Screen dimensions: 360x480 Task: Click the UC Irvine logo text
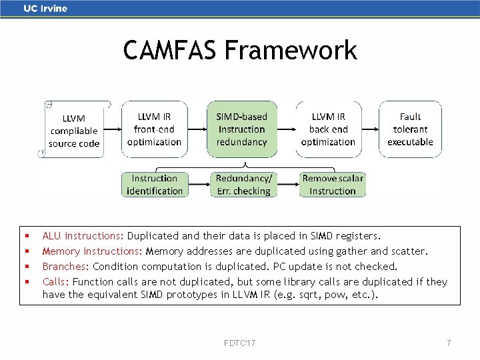(45, 9)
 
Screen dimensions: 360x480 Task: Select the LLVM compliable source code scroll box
(74, 130)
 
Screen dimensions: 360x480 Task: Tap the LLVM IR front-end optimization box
(154, 129)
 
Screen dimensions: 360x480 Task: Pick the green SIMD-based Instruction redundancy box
(241, 129)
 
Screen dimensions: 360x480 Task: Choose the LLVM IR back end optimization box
(328, 129)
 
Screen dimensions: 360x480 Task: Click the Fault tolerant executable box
(410, 129)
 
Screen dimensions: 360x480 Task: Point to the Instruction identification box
(155, 185)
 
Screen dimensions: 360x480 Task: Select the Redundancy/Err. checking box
(243, 185)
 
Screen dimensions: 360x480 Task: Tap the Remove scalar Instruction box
(333, 185)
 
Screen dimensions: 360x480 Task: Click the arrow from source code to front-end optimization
(113, 129)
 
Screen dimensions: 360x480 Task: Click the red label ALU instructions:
(83, 236)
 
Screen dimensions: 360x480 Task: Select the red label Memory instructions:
(92, 251)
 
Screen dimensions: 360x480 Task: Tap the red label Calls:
(56, 282)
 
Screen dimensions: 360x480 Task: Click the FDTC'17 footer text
(241, 343)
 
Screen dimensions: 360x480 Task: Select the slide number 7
(449, 343)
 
